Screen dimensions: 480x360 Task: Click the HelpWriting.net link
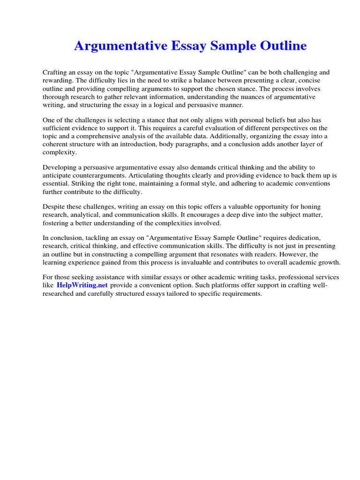[x=82, y=285]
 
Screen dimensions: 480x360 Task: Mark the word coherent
[x=58, y=144]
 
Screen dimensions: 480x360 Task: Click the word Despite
[x=53, y=207]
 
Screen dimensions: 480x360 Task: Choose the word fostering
[x=55, y=223]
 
